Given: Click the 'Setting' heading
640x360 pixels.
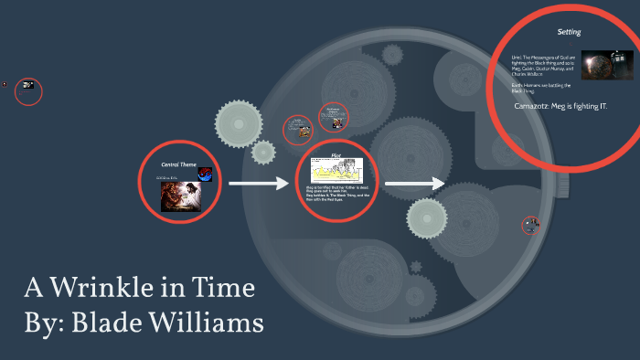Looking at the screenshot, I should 569,33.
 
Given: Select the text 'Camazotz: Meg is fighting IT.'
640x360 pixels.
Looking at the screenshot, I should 561,106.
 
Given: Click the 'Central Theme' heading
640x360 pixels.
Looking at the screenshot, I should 179,164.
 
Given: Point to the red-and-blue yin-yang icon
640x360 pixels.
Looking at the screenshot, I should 205,175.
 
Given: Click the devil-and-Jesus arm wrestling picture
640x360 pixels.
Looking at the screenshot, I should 181,196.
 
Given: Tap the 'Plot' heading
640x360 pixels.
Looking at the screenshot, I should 336,155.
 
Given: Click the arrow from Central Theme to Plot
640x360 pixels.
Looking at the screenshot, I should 258,184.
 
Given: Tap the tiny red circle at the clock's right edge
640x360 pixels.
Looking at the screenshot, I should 531,225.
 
